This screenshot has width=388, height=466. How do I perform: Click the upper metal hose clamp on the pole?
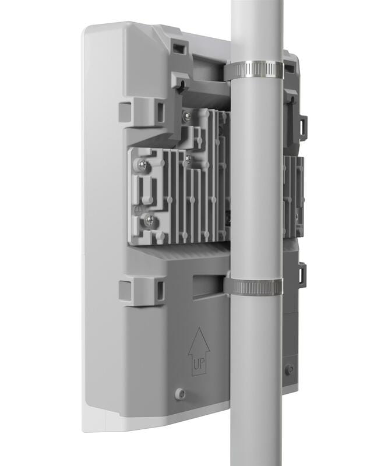coord(253,70)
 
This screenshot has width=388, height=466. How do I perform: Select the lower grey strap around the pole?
coord(253,286)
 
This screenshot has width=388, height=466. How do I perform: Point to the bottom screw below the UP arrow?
coord(181,394)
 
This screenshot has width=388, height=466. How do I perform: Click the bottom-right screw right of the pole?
coord(289,369)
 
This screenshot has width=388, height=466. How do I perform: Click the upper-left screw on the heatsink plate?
coord(142,166)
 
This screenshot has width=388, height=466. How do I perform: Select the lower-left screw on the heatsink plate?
coord(149,220)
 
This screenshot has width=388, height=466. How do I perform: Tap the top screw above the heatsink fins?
coord(186,116)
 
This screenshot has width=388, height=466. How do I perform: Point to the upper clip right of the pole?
coord(302,128)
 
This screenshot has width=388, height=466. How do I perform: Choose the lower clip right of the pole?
coord(302,274)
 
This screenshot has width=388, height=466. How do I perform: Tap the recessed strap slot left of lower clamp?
coord(206,286)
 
